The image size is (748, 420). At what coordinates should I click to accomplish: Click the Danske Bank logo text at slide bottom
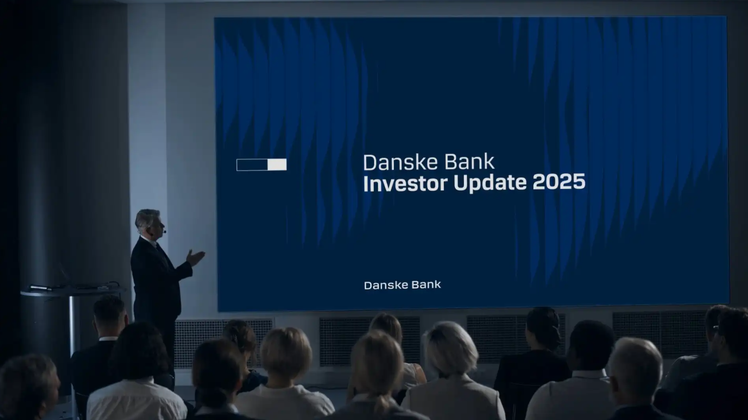402,285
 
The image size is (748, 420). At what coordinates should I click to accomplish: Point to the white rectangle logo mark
262,165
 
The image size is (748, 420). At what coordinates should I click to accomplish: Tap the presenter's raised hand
195,257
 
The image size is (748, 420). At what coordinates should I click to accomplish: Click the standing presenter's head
149,223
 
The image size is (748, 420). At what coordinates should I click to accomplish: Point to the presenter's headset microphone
164,231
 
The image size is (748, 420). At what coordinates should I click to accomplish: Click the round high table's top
73,291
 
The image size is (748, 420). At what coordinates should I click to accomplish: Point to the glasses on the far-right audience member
716,329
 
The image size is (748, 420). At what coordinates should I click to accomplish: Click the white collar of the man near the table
108,339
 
